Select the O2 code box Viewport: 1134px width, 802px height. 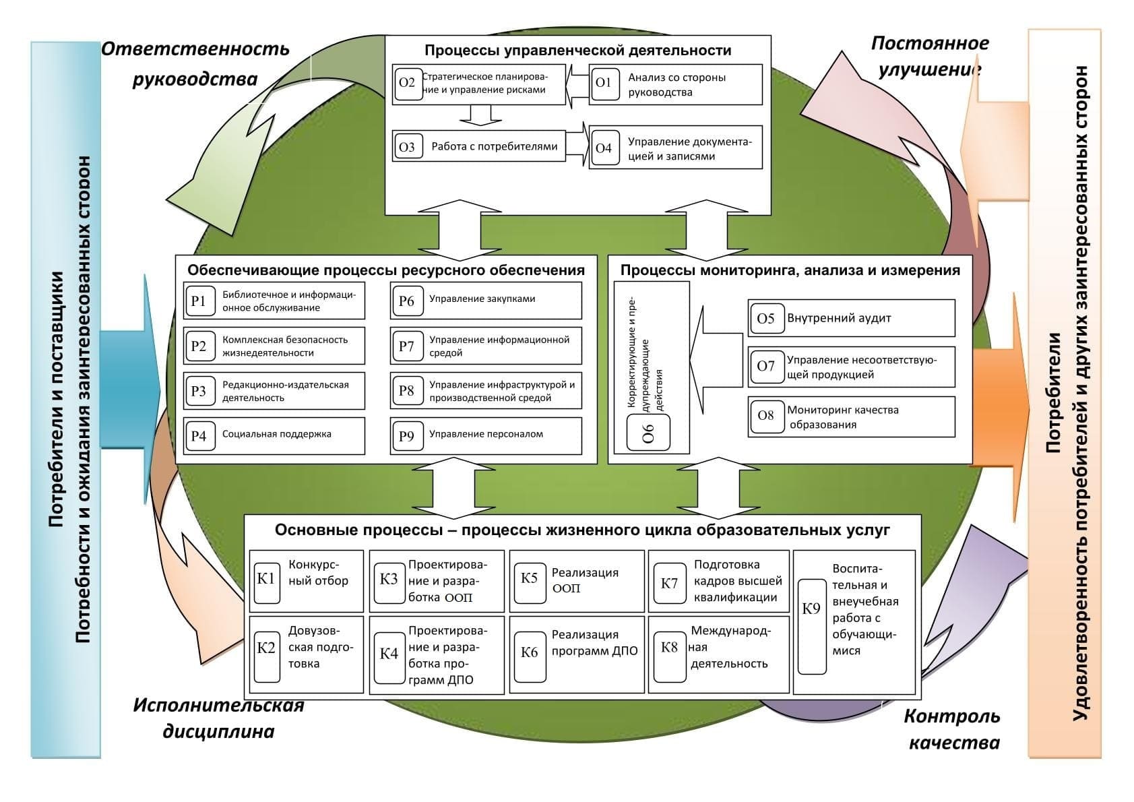[x=408, y=84]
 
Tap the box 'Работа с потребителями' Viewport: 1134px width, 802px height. [x=478, y=146]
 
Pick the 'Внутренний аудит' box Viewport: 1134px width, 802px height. [x=851, y=318]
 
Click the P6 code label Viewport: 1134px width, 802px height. [x=406, y=301]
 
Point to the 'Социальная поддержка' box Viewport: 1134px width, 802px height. [x=274, y=435]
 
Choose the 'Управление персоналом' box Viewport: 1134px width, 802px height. [x=486, y=435]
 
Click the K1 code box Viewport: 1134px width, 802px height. [x=266, y=578]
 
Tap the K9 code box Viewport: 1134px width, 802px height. [x=811, y=626]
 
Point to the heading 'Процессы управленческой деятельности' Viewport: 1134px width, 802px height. [x=577, y=51]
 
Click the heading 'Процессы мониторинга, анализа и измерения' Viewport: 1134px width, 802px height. [x=790, y=270]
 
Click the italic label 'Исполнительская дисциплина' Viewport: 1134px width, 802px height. [x=218, y=718]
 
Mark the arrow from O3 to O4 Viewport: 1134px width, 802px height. [x=577, y=144]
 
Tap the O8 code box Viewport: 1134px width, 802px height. [x=766, y=416]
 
